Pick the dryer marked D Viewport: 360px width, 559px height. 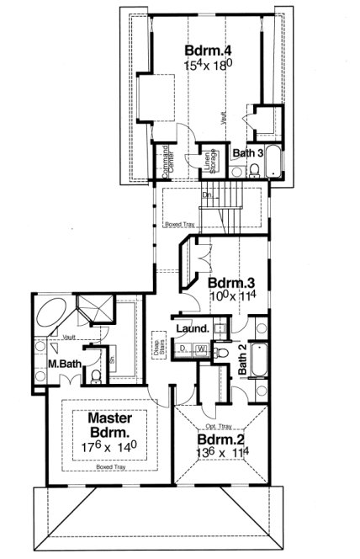click(x=183, y=349)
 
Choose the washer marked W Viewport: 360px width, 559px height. click(x=200, y=349)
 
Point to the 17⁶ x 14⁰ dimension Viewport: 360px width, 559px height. click(x=107, y=446)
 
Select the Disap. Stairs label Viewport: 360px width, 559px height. click(x=157, y=346)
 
